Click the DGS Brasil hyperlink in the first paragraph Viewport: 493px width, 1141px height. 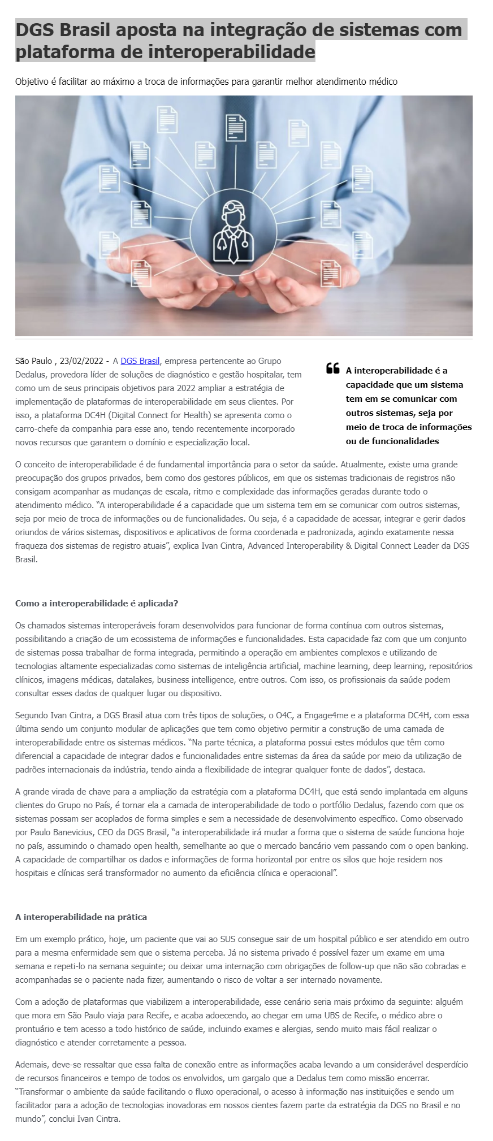[x=140, y=361]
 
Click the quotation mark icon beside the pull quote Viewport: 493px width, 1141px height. [x=333, y=368]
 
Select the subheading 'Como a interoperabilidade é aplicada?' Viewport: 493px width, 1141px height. [x=97, y=603]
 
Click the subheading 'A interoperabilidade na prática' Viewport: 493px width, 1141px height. [x=81, y=917]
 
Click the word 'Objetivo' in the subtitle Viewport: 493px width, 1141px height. [x=32, y=81]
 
